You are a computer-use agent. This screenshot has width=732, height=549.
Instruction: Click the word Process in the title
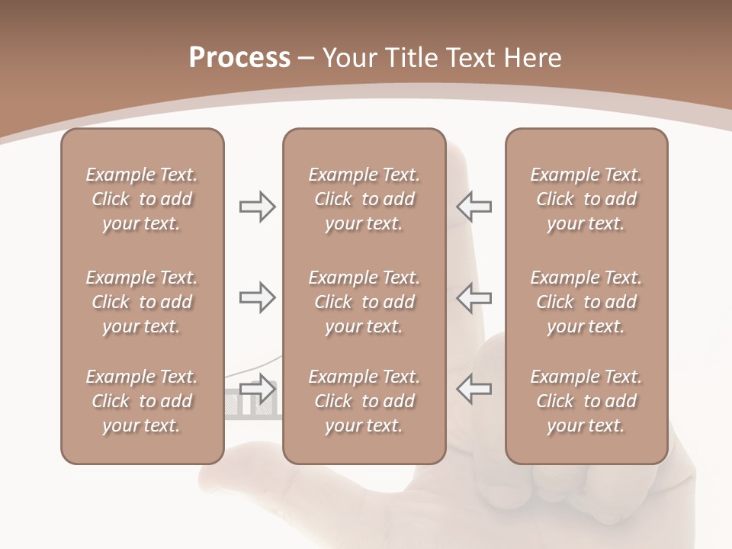click(239, 58)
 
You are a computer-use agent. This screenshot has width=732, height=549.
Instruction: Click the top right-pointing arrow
click(257, 207)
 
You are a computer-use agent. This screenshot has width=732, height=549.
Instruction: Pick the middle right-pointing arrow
click(257, 297)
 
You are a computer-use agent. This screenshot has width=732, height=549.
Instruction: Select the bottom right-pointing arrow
click(257, 389)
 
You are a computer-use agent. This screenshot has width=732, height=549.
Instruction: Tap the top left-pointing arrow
click(474, 207)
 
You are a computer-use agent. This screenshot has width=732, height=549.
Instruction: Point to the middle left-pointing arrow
click(474, 297)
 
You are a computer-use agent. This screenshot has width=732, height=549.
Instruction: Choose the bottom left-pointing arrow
click(474, 389)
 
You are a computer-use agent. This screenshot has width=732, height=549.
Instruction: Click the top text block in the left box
click(142, 199)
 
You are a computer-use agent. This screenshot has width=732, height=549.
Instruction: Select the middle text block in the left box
click(142, 302)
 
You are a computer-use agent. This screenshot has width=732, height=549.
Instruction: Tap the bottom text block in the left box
click(142, 401)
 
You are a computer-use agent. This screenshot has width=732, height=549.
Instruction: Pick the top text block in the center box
click(364, 199)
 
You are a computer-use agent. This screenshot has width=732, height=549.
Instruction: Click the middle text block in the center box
click(364, 302)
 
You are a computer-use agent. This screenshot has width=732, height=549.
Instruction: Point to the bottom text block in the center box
click(364, 401)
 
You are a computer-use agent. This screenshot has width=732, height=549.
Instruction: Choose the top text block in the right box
click(586, 199)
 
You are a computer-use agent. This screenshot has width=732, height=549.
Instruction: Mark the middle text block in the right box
click(586, 302)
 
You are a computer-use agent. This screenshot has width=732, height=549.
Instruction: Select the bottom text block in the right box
click(586, 401)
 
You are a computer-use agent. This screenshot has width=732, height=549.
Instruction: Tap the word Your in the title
click(348, 58)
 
